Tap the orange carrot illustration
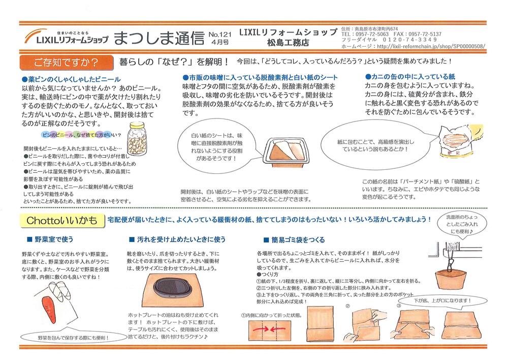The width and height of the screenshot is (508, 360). (x=50, y=310)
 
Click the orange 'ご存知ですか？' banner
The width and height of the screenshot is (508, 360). (x=67, y=62)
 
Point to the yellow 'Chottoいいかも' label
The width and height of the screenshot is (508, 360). (x=62, y=221)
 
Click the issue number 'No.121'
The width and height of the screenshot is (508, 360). (x=220, y=35)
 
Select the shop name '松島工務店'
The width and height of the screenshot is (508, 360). (x=288, y=43)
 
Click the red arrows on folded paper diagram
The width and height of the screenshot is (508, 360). (x=269, y=329)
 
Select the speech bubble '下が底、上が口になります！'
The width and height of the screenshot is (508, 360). (x=442, y=301)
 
